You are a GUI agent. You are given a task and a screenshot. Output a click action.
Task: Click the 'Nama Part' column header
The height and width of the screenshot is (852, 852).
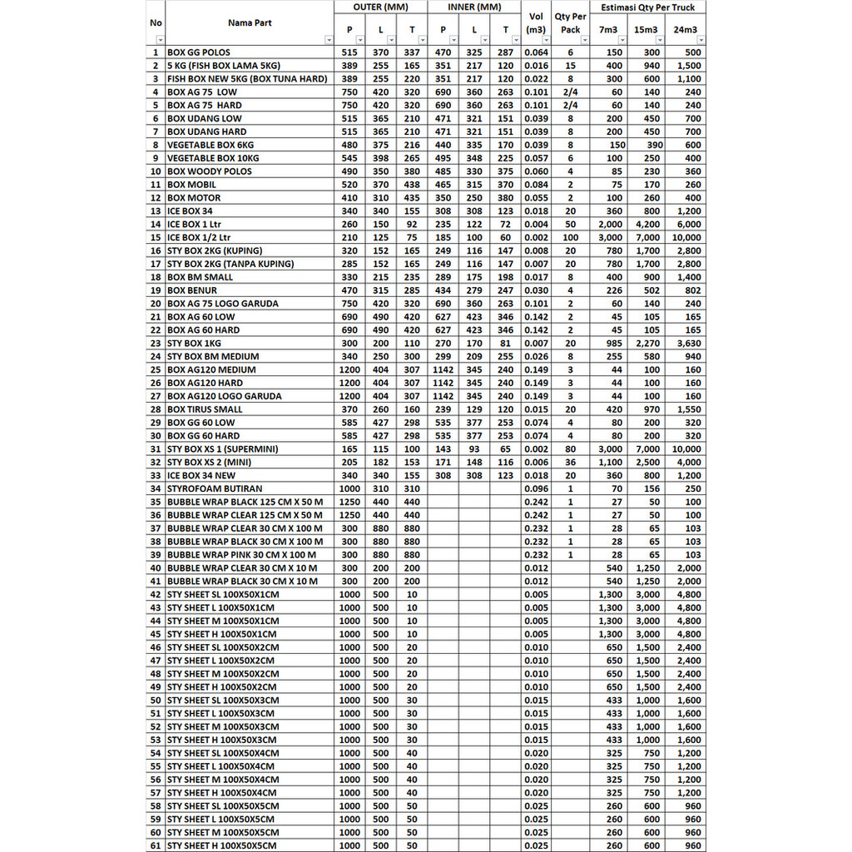point(250,22)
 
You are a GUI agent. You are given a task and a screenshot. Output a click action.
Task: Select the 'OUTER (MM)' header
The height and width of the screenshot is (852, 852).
point(380,7)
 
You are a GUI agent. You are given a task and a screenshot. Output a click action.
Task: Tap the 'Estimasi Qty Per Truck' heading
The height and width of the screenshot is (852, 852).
point(647,7)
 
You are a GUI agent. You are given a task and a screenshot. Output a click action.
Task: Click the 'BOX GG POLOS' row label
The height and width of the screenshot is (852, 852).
point(199,52)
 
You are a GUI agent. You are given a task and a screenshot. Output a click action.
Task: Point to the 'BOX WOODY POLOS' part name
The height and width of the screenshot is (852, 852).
point(210,171)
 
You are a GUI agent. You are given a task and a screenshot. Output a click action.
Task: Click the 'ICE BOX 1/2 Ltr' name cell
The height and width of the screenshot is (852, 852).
point(200,237)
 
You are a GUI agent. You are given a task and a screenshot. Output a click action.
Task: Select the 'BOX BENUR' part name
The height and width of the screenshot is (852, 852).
point(192,290)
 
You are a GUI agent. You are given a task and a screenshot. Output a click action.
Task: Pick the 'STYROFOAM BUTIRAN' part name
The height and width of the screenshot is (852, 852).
point(215,488)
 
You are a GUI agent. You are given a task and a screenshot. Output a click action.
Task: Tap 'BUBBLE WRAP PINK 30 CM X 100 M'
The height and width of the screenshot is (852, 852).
point(241,555)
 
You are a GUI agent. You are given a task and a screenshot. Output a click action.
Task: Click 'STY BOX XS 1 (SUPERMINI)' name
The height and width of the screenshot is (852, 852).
point(223,449)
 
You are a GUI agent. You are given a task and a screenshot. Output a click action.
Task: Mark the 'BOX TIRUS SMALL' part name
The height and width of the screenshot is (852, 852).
point(206,409)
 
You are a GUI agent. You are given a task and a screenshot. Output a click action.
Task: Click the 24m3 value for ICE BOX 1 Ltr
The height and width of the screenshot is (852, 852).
point(688,225)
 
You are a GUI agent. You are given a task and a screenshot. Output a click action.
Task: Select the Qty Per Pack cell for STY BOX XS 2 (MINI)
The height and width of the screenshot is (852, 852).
point(570,463)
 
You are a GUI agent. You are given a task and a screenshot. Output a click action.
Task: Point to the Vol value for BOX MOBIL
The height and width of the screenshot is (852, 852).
point(537,185)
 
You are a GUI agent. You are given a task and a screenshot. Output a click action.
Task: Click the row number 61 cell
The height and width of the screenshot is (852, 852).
point(156,845)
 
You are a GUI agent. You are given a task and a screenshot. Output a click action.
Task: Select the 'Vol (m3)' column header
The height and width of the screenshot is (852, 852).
point(536,22)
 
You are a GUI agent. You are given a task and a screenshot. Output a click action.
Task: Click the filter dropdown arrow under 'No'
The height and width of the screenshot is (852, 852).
point(160,40)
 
